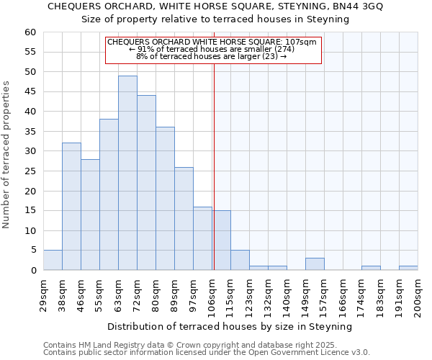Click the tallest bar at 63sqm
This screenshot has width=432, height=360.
pyautogui.click(x=127, y=173)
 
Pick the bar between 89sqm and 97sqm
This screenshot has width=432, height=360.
pyautogui.click(x=184, y=219)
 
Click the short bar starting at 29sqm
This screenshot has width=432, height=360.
pyautogui.click(x=53, y=260)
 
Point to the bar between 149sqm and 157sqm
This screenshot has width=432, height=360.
pyautogui.click(x=315, y=264)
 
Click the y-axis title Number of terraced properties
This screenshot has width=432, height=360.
pyautogui.click(x=7, y=154)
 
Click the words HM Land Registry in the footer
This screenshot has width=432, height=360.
pyautogui.click(x=104, y=345)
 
